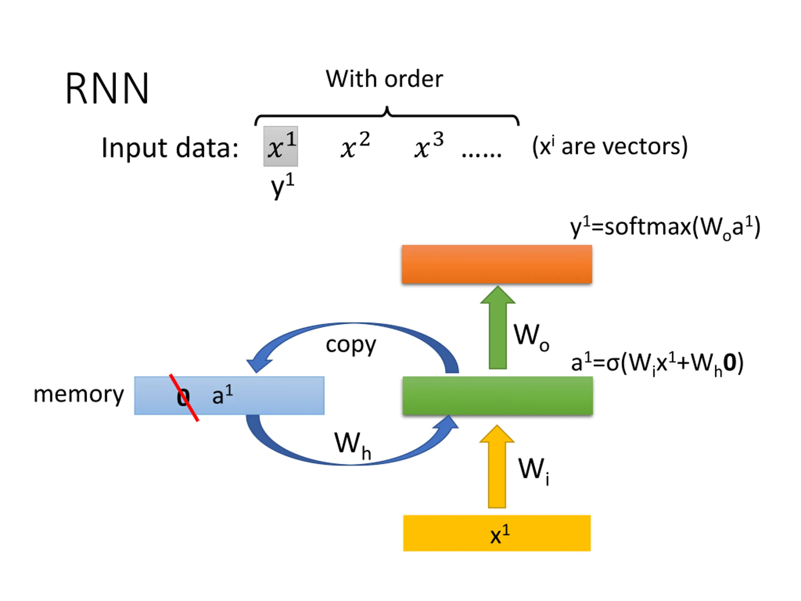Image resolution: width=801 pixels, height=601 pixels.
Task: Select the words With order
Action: click(x=384, y=79)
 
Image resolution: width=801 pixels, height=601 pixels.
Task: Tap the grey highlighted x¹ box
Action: click(x=281, y=146)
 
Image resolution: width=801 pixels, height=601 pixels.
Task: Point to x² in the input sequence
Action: click(x=355, y=145)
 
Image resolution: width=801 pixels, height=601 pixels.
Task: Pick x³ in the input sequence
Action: click(x=429, y=145)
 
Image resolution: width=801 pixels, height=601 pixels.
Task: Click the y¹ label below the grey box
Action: click(x=283, y=185)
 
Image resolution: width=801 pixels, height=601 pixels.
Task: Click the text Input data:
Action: click(x=170, y=148)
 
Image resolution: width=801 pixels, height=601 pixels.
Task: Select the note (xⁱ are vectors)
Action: click(x=610, y=146)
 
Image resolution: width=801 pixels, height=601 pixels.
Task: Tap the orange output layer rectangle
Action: click(x=497, y=264)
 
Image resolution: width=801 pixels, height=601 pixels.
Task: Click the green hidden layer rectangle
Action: click(x=497, y=396)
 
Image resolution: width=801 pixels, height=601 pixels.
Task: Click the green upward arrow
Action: click(x=498, y=327)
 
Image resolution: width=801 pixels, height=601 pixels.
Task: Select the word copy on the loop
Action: click(x=351, y=345)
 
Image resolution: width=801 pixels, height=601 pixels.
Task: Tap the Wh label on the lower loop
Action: click(x=352, y=446)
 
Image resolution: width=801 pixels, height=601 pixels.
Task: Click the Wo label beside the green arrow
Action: click(x=532, y=337)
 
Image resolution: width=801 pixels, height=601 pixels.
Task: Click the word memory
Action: click(x=79, y=394)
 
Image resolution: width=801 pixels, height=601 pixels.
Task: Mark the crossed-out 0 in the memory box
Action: click(x=183, y=398)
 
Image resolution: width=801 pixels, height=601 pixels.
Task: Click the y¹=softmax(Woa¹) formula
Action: click(x=665, y=228)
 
